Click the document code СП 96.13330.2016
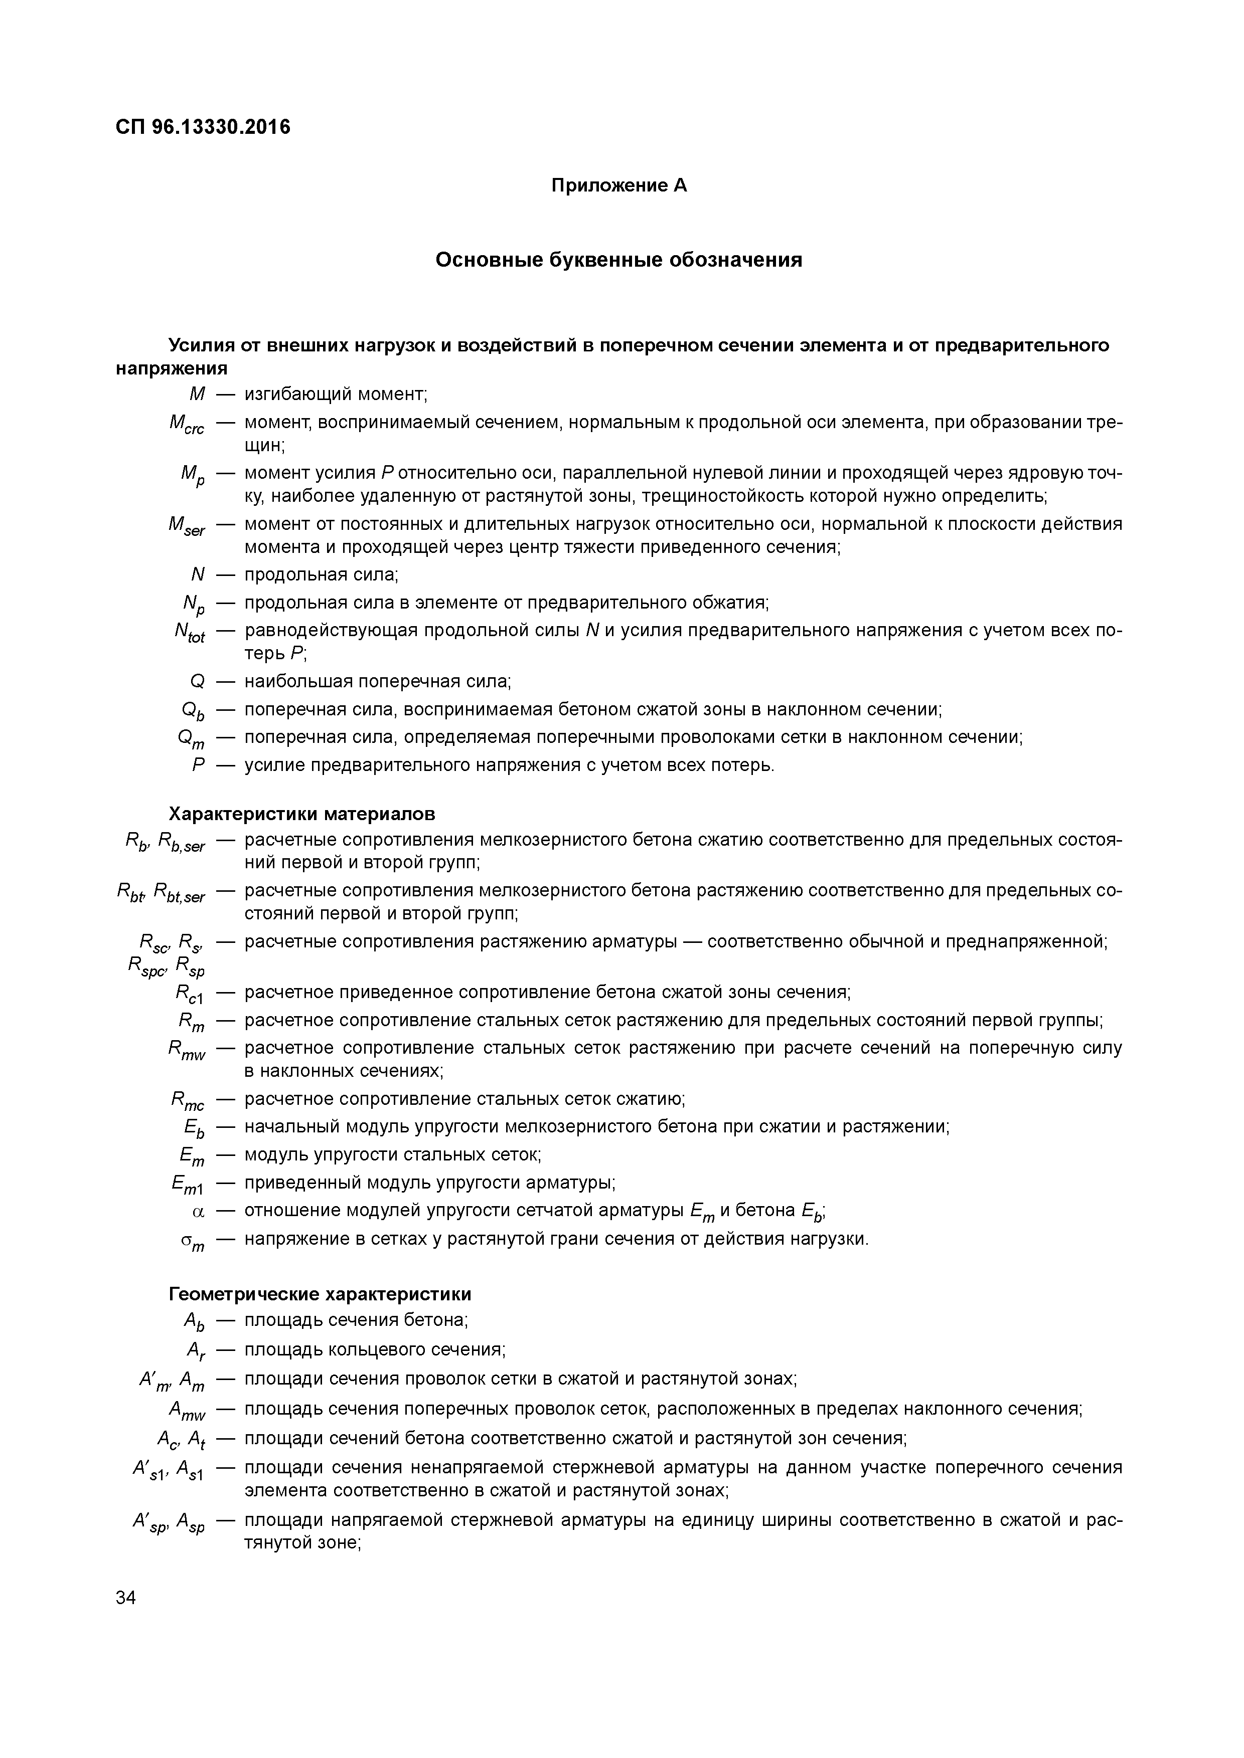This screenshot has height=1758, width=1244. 203,127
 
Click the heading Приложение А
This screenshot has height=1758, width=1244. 619,186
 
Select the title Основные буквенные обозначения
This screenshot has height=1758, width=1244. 619,260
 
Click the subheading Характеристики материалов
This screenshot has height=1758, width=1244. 302,813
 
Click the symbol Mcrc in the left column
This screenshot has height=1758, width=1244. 187,424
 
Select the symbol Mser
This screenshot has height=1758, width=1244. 187,527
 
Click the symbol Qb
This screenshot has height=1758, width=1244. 193,712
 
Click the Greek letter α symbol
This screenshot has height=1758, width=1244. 199,1212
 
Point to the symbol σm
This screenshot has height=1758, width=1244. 193,1241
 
